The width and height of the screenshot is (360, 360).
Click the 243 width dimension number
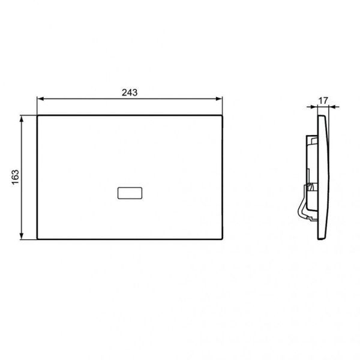pos(130,92)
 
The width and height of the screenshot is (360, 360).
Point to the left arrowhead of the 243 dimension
pos(40,100)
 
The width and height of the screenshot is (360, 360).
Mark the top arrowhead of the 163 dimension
pos(23,119)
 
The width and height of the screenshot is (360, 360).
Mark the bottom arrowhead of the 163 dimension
pos(23,238)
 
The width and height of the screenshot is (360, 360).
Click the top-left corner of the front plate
pos(38,116)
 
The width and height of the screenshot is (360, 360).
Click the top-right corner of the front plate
pos(223,116)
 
